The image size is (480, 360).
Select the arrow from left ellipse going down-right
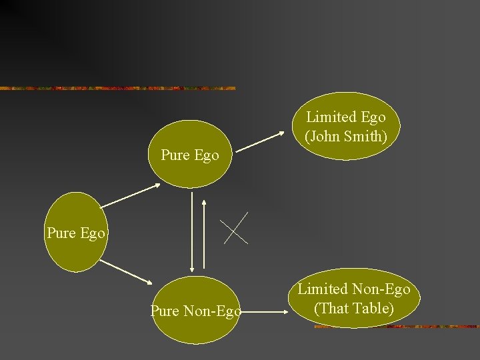129,273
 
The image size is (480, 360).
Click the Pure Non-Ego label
196,311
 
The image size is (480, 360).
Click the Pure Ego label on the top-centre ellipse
190,156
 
